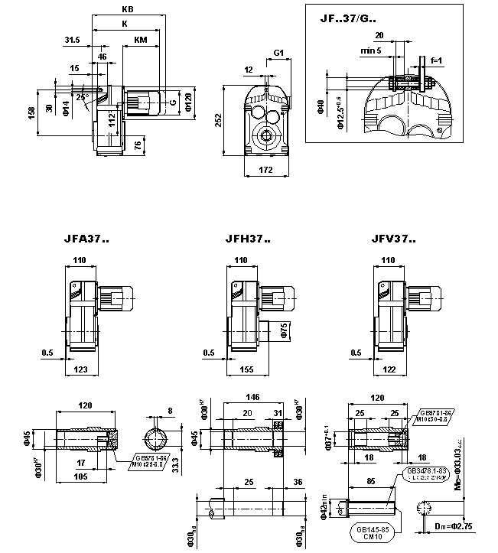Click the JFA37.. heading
point(86,239)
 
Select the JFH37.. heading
point(247,239)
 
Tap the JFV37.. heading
point(392,239)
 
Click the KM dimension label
point(141,39)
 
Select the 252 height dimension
point(218,120)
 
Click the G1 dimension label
point(278,53)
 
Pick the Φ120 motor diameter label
point(188,100)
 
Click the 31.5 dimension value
point(73,39)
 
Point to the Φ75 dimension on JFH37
point(282,330)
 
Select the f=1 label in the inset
point(437,59)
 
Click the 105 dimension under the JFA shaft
point(80,477)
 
